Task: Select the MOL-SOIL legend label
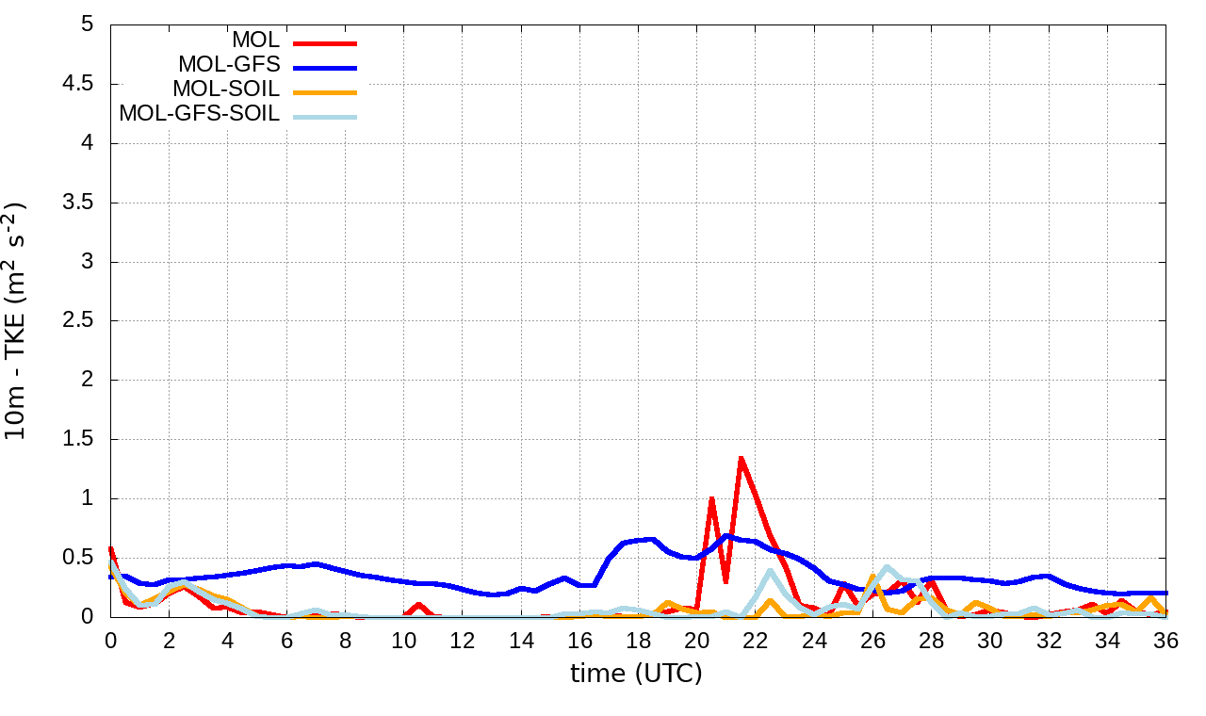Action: [226, 90]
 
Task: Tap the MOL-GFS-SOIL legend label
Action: [199, 115]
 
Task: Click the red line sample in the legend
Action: [325, 42]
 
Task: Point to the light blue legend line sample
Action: [325, 116]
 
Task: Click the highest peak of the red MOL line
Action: [741, 458]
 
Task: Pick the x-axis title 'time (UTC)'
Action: [636, 674]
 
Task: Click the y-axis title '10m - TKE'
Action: [17, 320]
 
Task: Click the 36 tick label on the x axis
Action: [1167, 640]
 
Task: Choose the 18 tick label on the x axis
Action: [639, 640]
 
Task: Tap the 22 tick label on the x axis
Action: [757, 640]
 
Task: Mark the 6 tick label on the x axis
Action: [286, 640]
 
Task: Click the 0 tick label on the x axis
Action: [110, 640]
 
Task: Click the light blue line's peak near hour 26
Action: [887, 567]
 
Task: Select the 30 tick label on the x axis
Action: [991, 640]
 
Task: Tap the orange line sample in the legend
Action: [325, 91]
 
